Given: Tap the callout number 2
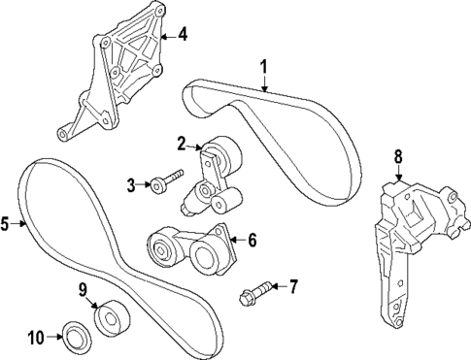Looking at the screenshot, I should tap(181, 144).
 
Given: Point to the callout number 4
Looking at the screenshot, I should tap(182, 36).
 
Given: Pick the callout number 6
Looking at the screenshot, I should tap(252, 238).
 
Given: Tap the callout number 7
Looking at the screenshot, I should tap(294, 285).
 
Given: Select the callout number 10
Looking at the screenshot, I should tap(36, 338).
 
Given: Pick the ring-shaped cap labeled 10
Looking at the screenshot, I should tap(73, 337).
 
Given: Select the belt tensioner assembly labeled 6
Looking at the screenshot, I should tap(189, 248).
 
